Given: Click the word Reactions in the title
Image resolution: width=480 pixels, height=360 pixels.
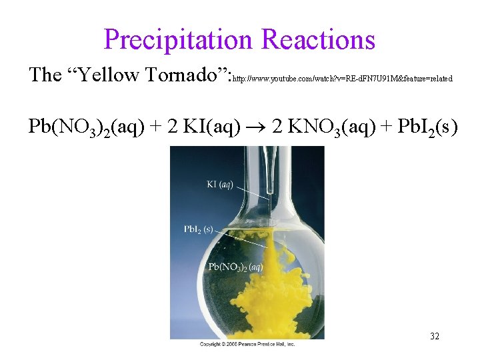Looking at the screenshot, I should (319, 40).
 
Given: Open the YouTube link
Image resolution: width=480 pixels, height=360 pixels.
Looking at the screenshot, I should (342, 79).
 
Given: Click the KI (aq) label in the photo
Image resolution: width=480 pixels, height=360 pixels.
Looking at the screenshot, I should (220, 184).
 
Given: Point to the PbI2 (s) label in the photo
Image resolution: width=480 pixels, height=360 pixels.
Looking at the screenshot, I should (198, 229).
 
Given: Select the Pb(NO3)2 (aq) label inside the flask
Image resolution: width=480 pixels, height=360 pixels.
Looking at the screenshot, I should (235, 267).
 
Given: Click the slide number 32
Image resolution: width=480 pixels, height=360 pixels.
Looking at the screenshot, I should (435, 336).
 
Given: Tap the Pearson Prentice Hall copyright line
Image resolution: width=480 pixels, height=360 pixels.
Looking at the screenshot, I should (247, 343).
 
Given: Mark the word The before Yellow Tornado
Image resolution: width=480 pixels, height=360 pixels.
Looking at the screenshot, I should (45, 75).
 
